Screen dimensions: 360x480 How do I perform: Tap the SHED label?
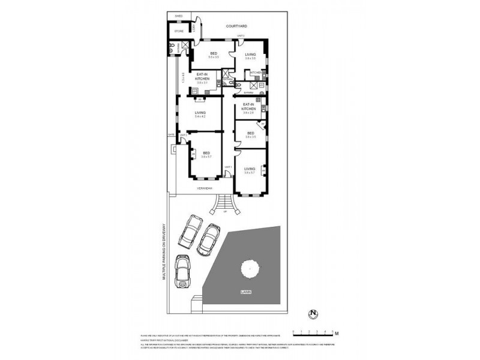[x=179, y=16]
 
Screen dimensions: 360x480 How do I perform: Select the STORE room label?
[x=179, y=31]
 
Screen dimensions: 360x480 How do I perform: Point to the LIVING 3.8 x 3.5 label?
[x=250, y=56]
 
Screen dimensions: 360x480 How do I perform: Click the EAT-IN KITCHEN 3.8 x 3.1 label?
[x=202, y=79]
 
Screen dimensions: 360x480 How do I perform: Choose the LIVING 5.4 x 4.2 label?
[x=200, y=114]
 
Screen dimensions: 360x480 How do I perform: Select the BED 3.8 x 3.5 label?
[x=250, y=134]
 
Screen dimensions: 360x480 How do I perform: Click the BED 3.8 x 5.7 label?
[x=207, y=154]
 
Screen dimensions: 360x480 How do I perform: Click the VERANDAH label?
[x=205, y=188]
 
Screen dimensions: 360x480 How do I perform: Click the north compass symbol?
[x=313, y=312]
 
